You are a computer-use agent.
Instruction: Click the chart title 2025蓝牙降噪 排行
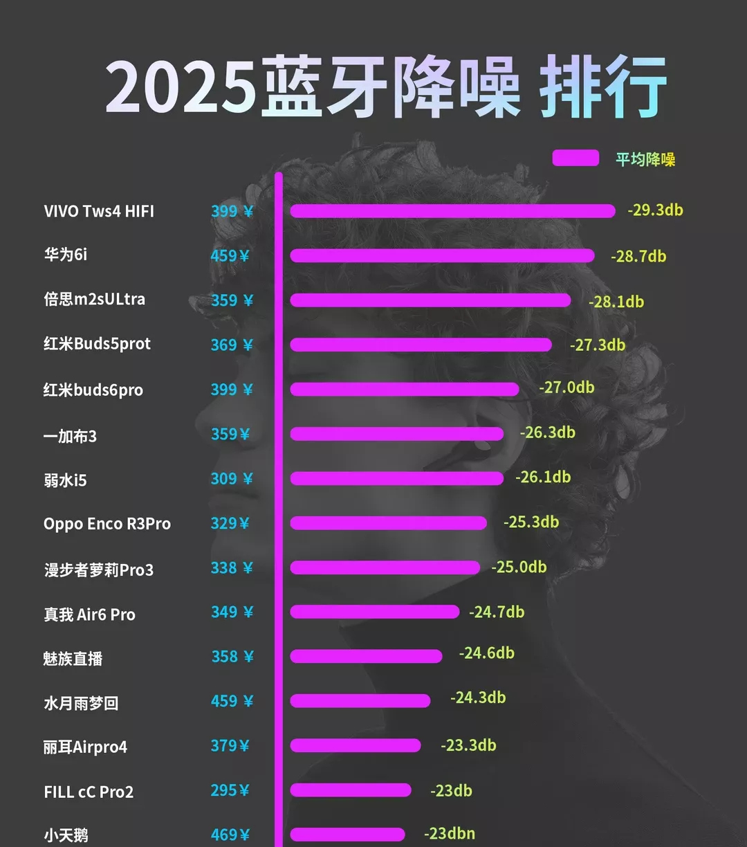pos(386,88)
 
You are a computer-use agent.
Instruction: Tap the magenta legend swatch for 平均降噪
pos(575,158)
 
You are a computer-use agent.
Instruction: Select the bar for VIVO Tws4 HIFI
pos(452,211)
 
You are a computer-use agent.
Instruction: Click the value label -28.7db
pos(638,256)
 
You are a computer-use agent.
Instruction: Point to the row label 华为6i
pos(66,255)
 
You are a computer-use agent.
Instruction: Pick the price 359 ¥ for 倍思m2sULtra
pos(232,300)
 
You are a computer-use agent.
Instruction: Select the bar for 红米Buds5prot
pos(421,345)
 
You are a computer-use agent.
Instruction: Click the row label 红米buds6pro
pos(93,390)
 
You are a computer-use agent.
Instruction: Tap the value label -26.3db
pos(547,432)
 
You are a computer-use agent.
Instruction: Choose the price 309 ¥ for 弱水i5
pos(232,479)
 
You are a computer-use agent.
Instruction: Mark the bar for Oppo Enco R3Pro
pos(388,523)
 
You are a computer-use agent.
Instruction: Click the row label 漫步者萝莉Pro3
pos(99,570)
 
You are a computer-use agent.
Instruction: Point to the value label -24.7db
pos(497,612)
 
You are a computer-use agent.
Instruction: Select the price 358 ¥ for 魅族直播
pos(232,657)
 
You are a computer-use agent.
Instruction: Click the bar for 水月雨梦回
pos(360,701)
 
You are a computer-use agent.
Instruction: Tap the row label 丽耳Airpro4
pos(85,747)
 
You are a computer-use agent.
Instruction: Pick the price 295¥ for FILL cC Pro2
pos(230,790)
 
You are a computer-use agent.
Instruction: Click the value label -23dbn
pos(450,834)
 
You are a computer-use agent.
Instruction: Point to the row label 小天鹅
pos(66,835)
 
